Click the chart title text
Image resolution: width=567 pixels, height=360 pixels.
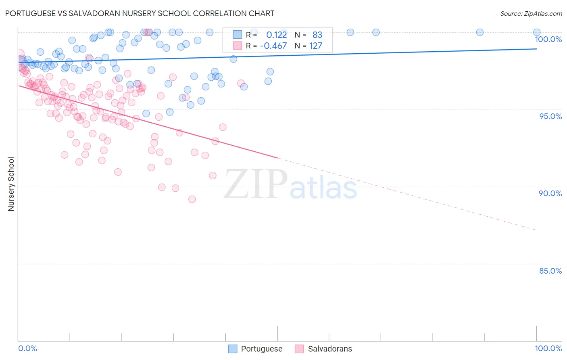click(x=140, y=13)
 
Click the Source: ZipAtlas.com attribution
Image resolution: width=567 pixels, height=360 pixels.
click(x=531, y=14)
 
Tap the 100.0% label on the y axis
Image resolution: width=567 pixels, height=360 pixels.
click(x=548, y=39)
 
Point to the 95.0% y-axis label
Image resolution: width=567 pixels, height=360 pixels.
click(x=550, y=116)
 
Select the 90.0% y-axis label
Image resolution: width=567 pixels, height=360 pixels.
click(x=550, y=193)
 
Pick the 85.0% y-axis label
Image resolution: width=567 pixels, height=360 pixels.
click(x=550, y=271)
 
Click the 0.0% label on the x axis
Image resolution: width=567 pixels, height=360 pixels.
click(x=27, y=348)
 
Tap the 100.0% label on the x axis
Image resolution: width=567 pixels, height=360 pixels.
click(x=548, y=348)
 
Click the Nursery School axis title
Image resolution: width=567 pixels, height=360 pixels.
click(x=11, y=184)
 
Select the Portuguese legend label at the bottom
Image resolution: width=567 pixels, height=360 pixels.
click(x=261, y=349)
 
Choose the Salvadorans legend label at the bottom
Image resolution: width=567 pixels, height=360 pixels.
click(x=329, y=349)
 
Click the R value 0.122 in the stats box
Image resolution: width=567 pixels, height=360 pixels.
click(x=276, y=35)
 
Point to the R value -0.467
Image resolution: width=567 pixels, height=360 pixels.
click(x=273, y=46)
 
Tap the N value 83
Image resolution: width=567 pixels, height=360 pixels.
click(x=317, y=35)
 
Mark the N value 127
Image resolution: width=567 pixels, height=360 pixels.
click(x=316, y=46)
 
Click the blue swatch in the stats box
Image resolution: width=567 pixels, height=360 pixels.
click(x=237, y=35)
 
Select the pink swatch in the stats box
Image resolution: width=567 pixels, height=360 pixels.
click(x=237, y=46)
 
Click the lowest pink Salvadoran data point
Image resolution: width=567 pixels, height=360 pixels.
click(x=192, y=199)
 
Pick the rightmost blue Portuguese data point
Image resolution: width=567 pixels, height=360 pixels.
click(x=537, y=32)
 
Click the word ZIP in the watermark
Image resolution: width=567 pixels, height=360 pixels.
click(x=255, y=184)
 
